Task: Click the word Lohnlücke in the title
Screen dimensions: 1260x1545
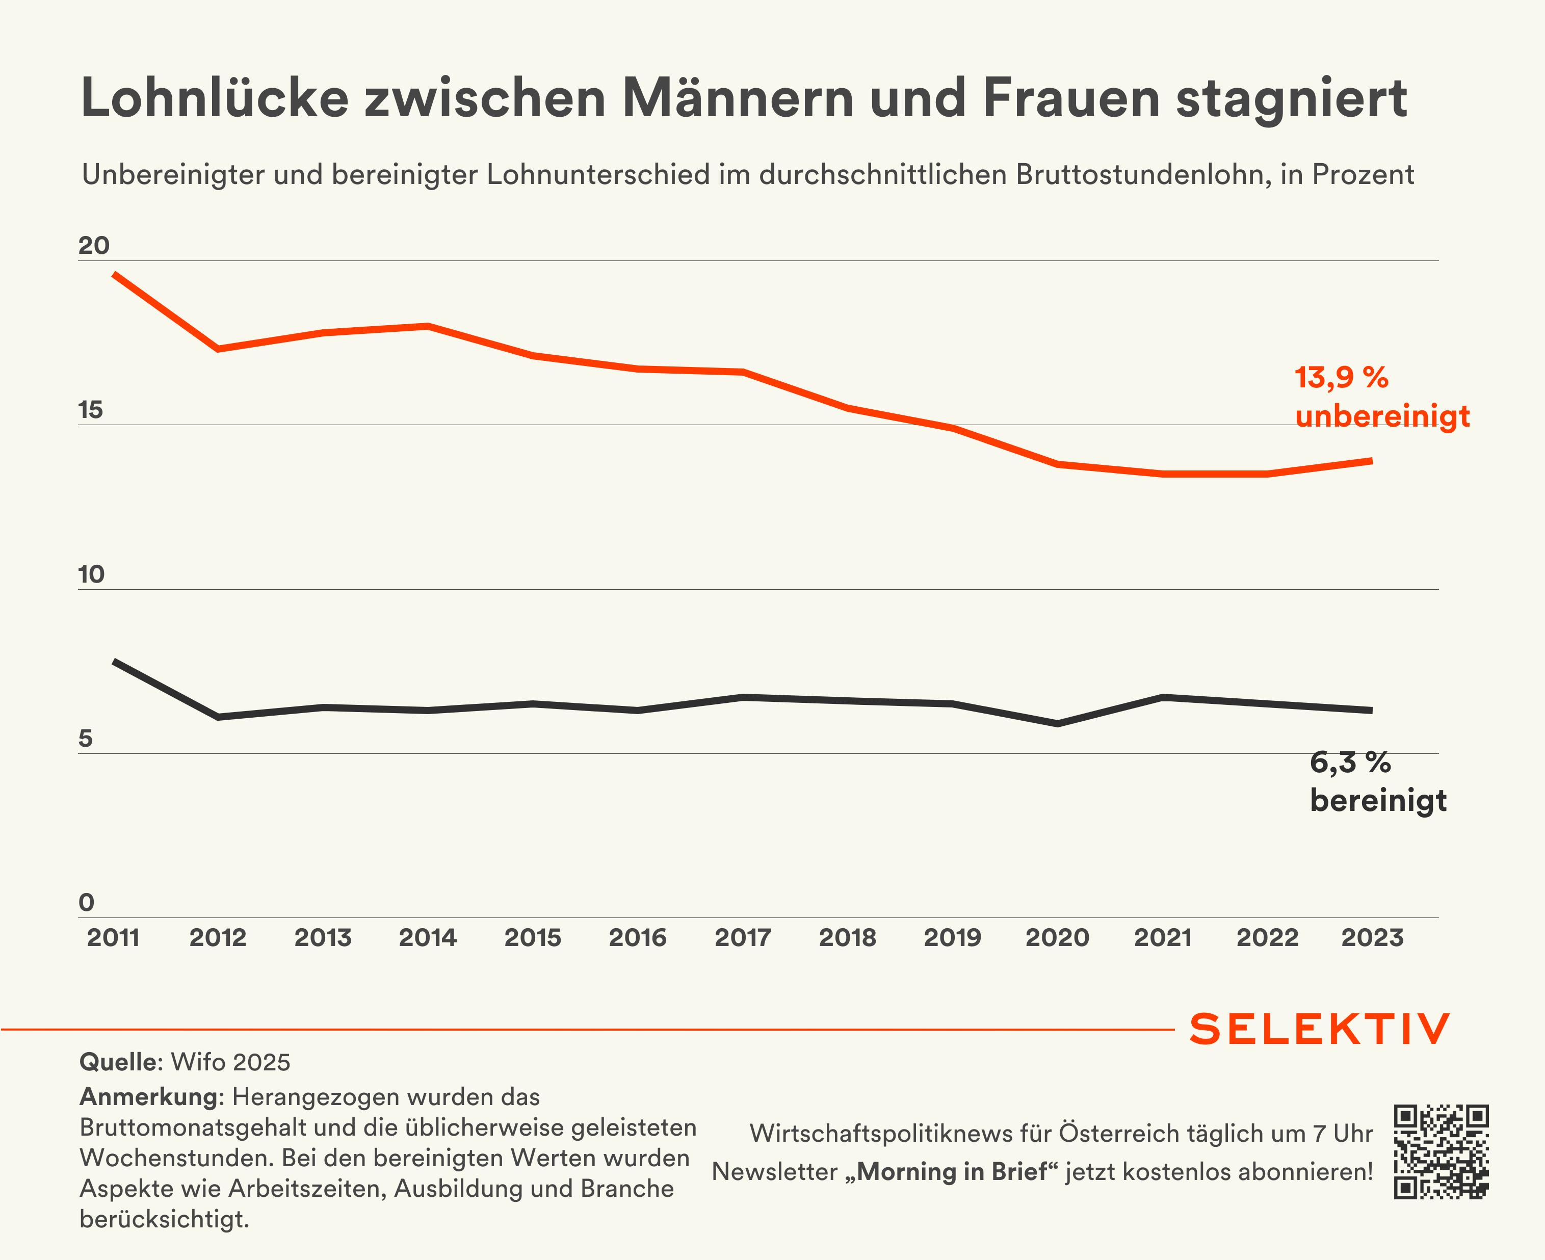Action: pos(215,98)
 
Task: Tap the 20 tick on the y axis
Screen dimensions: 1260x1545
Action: pos(94,246)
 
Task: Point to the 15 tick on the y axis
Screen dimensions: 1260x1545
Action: pos(91,410)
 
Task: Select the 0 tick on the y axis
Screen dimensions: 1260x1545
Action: pos(86,903)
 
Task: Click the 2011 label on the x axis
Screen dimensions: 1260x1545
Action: pos(113,938)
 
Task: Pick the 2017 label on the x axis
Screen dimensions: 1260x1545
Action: pos(742,938)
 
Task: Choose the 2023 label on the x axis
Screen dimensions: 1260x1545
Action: pos(1372,938)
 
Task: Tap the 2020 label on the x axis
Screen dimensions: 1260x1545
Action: pos(1057,938)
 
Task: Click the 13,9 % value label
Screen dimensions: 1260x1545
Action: pos(1341,377)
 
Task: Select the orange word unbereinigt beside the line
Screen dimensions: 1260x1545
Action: pos(1382,416)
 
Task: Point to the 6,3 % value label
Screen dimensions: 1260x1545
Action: pos(1350,763)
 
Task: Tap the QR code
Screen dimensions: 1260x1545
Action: pos(1441,1152)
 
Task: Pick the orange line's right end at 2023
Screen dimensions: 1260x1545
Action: pos(1371,461)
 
